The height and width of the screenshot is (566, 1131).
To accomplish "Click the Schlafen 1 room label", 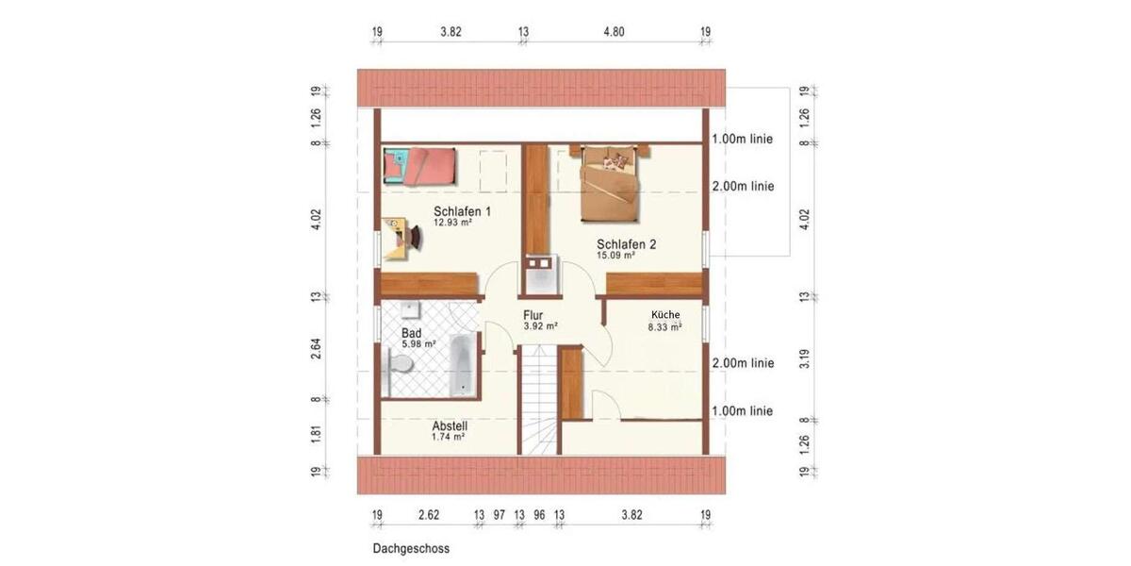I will click(462, 210).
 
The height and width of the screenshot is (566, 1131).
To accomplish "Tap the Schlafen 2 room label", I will click(626, 243).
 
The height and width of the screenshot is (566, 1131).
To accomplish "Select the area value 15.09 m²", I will click(615, 255).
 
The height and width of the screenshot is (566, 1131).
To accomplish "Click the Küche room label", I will click(664, 315).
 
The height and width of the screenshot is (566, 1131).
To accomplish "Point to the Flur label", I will click(533, 315).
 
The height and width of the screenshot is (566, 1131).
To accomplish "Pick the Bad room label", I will click(411, 333).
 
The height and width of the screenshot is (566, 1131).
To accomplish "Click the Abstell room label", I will click(450, 425).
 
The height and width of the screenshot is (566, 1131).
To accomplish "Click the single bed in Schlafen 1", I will click(420, 166).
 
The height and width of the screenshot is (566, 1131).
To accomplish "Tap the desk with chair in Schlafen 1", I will click(402, 235).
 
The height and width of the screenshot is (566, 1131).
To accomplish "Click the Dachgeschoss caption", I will click(411, 548).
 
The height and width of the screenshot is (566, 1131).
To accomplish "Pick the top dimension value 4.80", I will click(614, 31).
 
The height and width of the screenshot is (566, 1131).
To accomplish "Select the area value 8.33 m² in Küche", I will click(664, 327).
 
